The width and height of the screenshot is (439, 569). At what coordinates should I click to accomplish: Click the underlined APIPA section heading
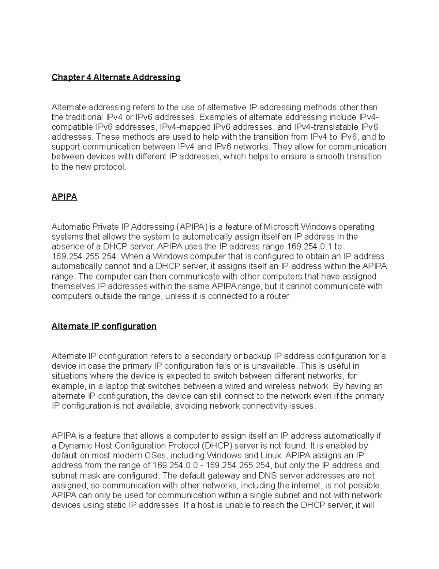point(64,197)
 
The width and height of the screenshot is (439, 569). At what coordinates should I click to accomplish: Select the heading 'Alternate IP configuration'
point(104,326)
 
